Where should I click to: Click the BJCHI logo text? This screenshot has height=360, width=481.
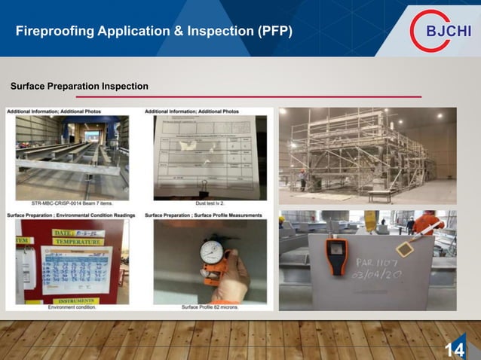(449, 31)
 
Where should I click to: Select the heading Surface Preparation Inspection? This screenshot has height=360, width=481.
(79, 87)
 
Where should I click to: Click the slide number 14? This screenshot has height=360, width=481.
(455, 349)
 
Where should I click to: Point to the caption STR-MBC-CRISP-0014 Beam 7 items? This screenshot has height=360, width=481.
(72, 202)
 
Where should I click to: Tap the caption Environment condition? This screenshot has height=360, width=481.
(72, 307)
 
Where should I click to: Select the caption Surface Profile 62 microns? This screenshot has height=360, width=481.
(210, 307)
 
